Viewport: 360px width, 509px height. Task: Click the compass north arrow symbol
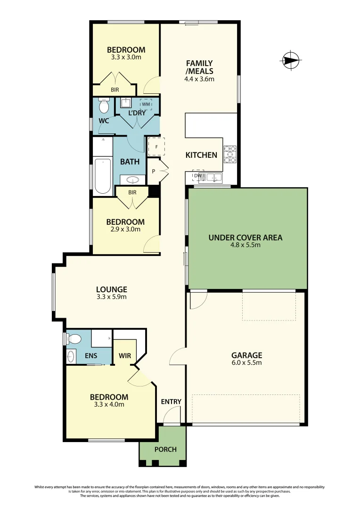point(291,60)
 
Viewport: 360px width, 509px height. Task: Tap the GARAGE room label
point(246,355)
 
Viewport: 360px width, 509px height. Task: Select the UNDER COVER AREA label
point(245,238)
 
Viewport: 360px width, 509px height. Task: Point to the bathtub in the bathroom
point(102,176)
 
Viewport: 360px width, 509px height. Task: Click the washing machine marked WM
point(146,104)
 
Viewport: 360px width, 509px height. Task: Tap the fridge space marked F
point(156,146)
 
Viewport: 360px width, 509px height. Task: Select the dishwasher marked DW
point(198,176)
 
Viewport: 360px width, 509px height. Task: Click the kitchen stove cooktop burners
point(230,155)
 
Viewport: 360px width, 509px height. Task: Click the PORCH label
point(165,449)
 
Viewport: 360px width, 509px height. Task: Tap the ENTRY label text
point(171,402)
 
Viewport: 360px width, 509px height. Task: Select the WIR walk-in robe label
point(124,355)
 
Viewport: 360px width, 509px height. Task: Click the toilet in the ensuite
point(73,338)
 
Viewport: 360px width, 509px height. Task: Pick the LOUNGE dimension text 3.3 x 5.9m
point(111,297)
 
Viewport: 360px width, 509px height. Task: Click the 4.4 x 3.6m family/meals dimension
point(199,79)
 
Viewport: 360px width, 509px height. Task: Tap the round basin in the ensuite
point(71,355)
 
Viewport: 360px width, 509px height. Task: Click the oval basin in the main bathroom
point(132,180)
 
